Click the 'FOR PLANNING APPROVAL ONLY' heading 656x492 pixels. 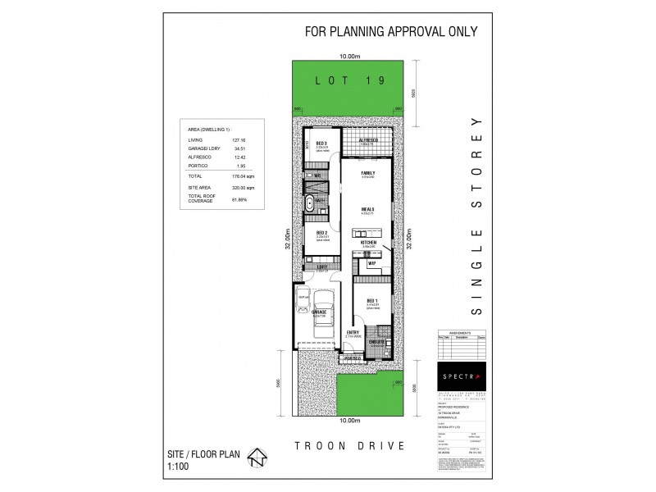point(391,32)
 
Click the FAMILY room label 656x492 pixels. point(367,173)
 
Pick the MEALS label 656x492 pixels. point(367,209)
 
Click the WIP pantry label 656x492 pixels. point(371,263)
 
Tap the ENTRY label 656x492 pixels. point(353,331)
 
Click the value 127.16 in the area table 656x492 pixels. point(216,140)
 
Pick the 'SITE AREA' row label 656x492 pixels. point(199,188)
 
